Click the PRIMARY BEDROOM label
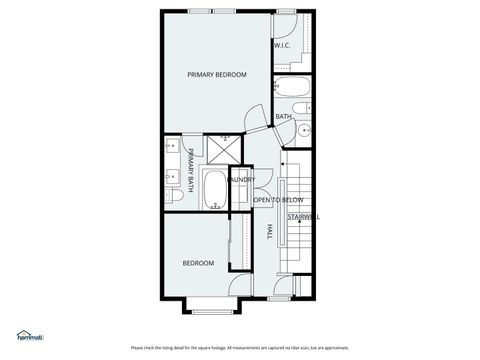(217, 75)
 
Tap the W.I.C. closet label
(282, 45)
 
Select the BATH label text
(284, 117)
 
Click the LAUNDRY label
(241, 180)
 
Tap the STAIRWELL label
(303, 216)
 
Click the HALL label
(269, 232)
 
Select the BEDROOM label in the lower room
(198, 263)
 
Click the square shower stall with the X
(224, 150)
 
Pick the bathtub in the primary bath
(215, 189)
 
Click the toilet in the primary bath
(172, 197)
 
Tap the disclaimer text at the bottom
(240, 348)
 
